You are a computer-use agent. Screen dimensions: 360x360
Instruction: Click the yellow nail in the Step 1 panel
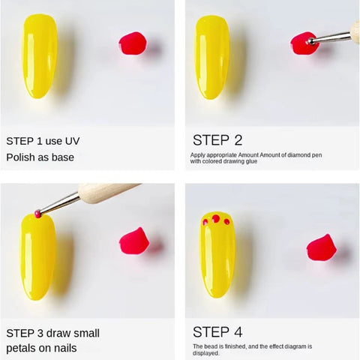(x=39, y=56)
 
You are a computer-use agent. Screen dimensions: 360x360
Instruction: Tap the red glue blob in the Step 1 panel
(x=132, y=43)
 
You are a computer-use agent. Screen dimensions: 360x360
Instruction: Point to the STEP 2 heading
(x=217, y=139)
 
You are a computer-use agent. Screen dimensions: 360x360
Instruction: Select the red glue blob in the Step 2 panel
(x=302, y=43)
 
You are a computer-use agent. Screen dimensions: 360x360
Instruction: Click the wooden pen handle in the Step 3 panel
(x=105, y=192)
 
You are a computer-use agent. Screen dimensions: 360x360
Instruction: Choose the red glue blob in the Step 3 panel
(x=133, y=241)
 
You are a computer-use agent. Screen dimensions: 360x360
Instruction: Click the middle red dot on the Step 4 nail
(x=215, y=218)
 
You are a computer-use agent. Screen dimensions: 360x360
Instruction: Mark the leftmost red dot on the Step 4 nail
(x=205, y=222)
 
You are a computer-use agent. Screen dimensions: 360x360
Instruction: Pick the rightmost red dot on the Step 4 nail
(x=226, y=221)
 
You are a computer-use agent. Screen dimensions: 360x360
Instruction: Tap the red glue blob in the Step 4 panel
(x=321, y=247)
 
